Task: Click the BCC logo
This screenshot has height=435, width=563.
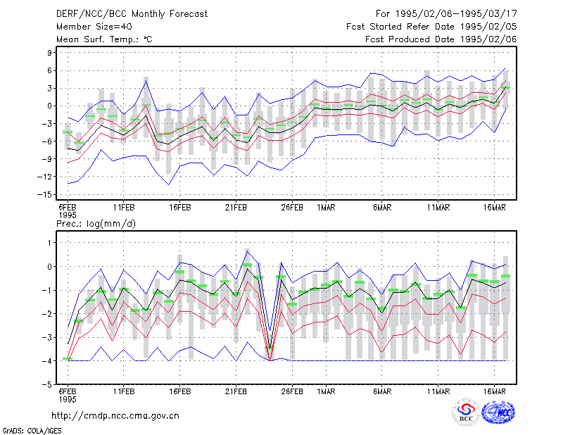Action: pyautogui.click(x=466, y=412)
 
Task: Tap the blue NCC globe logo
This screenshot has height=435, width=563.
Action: pyautogui.click(x=499, y=412)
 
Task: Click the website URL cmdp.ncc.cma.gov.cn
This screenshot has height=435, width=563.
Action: pyautogui.click(x=115, y=416)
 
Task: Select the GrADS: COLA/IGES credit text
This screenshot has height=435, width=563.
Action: pyautogui.click(x=32, y=431)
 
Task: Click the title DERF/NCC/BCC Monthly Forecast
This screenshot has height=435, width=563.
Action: pyautogui.click(x=132, y=14)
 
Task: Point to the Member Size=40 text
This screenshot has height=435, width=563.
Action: pyautogui.click(x=94, y=27)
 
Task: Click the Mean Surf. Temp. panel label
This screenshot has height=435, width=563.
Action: pyautogui.click(x=104, y=39)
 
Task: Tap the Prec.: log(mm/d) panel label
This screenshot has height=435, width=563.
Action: pyautogui.click(x=96, y=224)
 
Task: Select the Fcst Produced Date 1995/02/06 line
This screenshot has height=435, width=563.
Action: pyautogui.click(x=441, y=39)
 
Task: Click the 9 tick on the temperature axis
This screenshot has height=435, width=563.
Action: pyautogui.click(x=49, y=53)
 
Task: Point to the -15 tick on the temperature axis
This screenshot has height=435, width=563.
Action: pyautogui.click(x=45, y=195)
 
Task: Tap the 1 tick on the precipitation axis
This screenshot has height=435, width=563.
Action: pyautogui.click(x=50, y=243)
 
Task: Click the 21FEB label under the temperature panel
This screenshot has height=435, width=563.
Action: pyautogui.click(x=236, y=207)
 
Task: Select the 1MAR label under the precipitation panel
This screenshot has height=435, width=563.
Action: pyautogui.click(x=326, y=391)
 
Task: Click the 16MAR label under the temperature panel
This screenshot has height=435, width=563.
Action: pyautogui.click(x=495, y=207)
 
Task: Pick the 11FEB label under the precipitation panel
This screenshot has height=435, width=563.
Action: pyautogui.click(x=124, y=391)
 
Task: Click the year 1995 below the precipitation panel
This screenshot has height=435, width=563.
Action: pyautogui.click(x=68, y=399)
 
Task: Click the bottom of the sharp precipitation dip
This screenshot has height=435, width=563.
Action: pyautogui.click(x=270, y=360)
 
